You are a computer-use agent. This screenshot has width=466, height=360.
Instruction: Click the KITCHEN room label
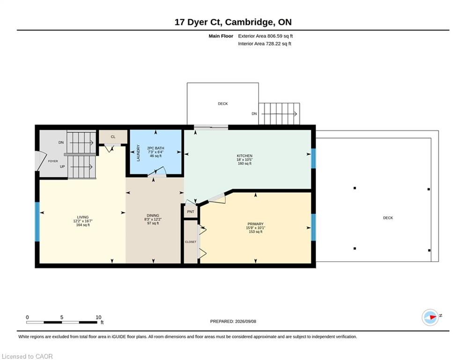click(x=244, y=156)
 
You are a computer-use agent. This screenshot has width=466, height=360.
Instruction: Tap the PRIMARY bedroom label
click(x=256, y=224)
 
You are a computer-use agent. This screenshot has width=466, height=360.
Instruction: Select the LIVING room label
click(x=83, y=217)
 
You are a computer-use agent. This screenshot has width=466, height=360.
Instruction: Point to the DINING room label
click(x=153, y=216)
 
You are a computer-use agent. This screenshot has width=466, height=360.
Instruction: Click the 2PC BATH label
click(x=156, y=148)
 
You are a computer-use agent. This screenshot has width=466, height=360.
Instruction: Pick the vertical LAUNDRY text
click(x=138, y=153)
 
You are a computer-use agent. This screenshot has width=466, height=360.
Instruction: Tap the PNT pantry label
click(x=191, y=212)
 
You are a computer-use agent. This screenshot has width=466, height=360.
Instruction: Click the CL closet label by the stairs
click(x=113, y=137)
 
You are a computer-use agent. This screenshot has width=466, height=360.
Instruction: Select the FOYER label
click(x=53, y=161)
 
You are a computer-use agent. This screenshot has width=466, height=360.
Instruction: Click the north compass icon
click(x=430, y=317)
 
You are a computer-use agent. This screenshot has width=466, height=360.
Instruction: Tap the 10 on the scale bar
click(x=98, y=317)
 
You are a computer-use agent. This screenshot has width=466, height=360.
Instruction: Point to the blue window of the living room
click(x=37, y=222)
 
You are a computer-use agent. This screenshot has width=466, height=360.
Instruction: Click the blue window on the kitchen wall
click(x=313, y=158)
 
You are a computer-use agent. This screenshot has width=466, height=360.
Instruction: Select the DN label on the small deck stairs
click(x=254, y=113)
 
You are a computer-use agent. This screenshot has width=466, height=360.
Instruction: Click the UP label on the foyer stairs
click(x=62, y=166)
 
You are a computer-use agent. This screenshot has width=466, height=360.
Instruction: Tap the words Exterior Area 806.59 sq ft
click(x=266, y=36)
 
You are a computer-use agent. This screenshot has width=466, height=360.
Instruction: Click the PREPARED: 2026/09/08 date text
click(x=233, y=321)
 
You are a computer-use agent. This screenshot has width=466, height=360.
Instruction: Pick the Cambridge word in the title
click(x=249, y=22)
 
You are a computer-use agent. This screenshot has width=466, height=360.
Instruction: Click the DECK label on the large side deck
click(x=388, y=218)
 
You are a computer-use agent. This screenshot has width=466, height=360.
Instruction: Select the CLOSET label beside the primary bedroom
click(x=191, y=242)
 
